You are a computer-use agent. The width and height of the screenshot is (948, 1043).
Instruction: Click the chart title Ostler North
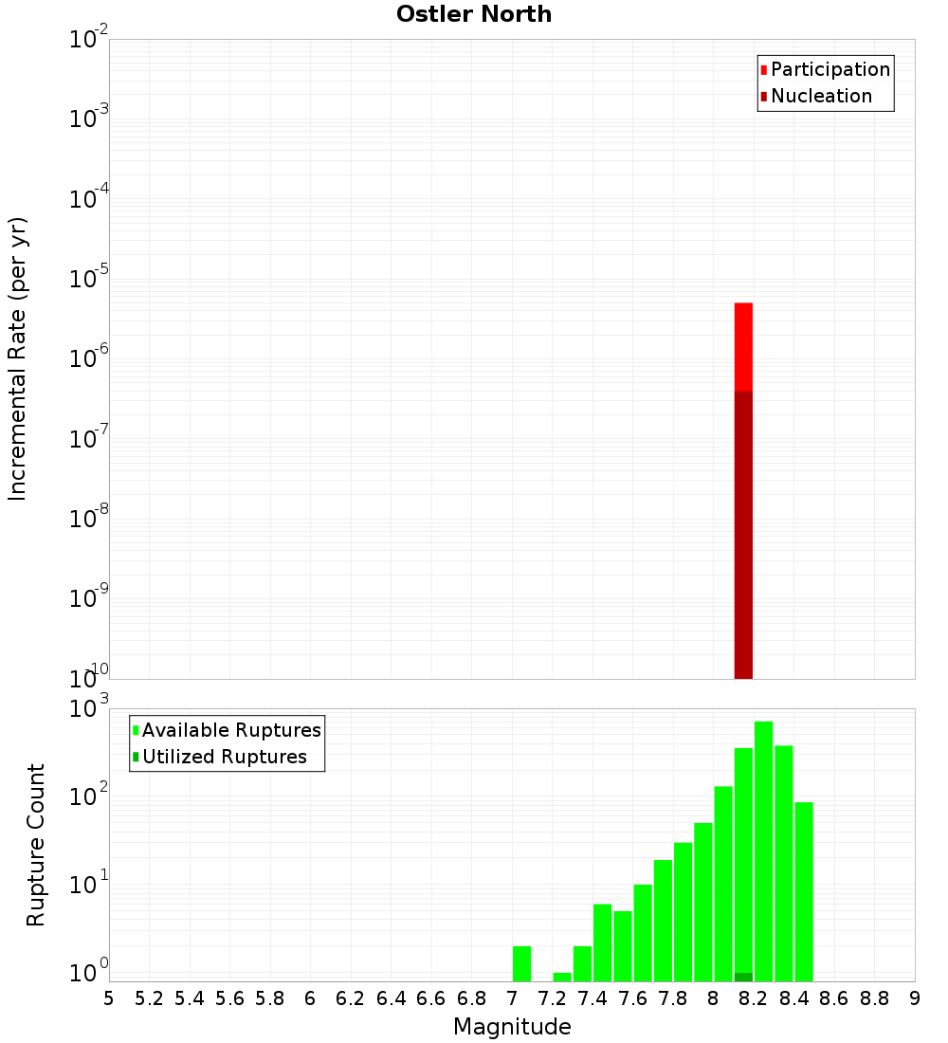[x=473, y=14]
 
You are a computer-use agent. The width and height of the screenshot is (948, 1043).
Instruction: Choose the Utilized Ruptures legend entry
[x=224, y=757]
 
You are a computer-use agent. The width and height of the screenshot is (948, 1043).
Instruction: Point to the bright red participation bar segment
[x=743, y=346]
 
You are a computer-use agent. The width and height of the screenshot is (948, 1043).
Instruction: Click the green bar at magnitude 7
[x=521, y=963]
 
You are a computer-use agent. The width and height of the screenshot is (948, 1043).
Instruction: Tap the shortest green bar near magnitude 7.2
[x=562, y=977]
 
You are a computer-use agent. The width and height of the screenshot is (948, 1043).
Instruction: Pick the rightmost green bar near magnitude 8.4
[x=804, y=891]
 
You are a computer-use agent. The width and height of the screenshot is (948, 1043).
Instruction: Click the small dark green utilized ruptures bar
[x=743, y=977]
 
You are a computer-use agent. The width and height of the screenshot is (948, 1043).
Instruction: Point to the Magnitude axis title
[x=512, y=1027]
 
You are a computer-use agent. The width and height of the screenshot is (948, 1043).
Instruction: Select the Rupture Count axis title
[x=36, y=845]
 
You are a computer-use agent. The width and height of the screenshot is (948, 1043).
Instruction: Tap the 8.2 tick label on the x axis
[x=754, y=997]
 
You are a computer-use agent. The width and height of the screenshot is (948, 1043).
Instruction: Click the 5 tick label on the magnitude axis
[x=109, y=997]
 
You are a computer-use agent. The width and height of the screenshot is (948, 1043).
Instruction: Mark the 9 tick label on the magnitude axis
[x=915, y=997]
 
